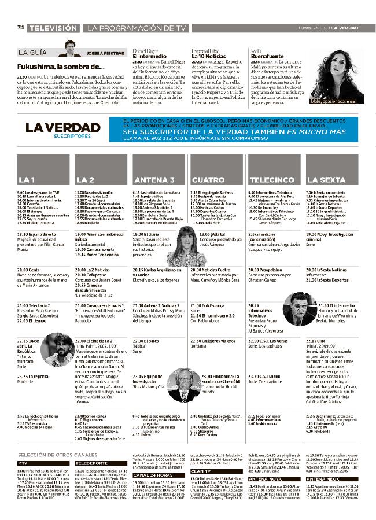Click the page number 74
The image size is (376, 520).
(x=20, y=28)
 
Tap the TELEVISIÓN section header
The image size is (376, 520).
(x=53, y=28)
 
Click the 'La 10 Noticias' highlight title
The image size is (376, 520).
(x=208, y=56)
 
